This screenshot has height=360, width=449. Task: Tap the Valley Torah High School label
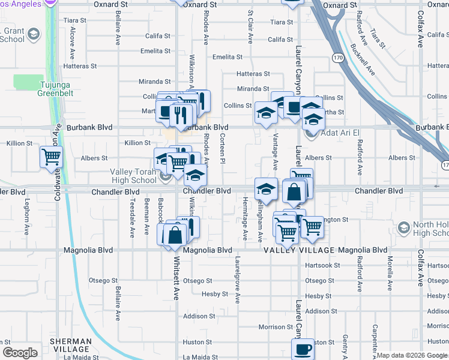pyautogui.click(x=133, y=176)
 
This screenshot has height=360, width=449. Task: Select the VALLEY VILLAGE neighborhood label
pyautogui.click(x=297, y=250)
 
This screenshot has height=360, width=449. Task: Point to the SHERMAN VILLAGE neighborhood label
pyautogui.click(x=70, y=345)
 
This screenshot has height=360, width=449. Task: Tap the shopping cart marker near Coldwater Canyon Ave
pyautogui.click(x=51, y=157)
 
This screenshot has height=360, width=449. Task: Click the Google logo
pyautogui.click(x=20, y=353)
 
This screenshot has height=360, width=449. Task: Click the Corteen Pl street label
pyautogui.click(x=222, y=148)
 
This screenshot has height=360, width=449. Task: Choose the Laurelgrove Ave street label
pyautogui.click(x=238, y=281)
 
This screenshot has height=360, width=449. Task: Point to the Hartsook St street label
pyautogui.click(x=322, y=265)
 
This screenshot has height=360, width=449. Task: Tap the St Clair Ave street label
pyautogui.click(x=250, y=26)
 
